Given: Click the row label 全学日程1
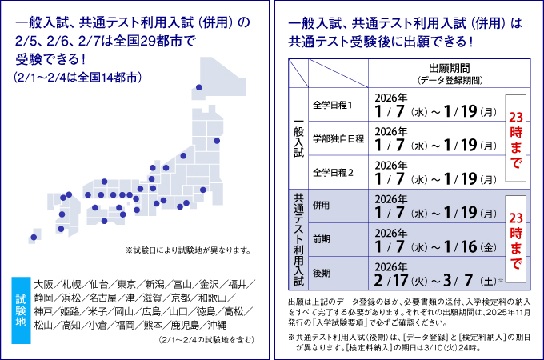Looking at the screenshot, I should [x=334, y=104].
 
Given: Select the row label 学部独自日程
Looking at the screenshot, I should [x=338, y=138].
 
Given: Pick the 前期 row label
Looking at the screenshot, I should [x=322, y=238].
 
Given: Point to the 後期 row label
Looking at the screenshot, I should [x=322, y=272].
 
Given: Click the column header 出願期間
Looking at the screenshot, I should [x=449, y=70].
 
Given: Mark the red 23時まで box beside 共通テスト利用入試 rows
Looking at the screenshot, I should [x=514, y=240].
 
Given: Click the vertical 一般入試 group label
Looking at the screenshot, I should [x=298, y=138].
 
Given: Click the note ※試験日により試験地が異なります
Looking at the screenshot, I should [x=189, y=249].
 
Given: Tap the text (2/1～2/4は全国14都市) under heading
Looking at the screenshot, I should [x=77, y=78].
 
